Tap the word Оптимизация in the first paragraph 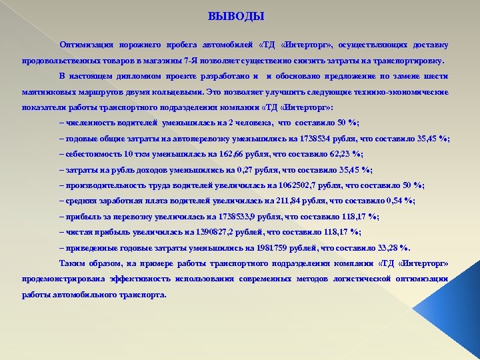point(83,45)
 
